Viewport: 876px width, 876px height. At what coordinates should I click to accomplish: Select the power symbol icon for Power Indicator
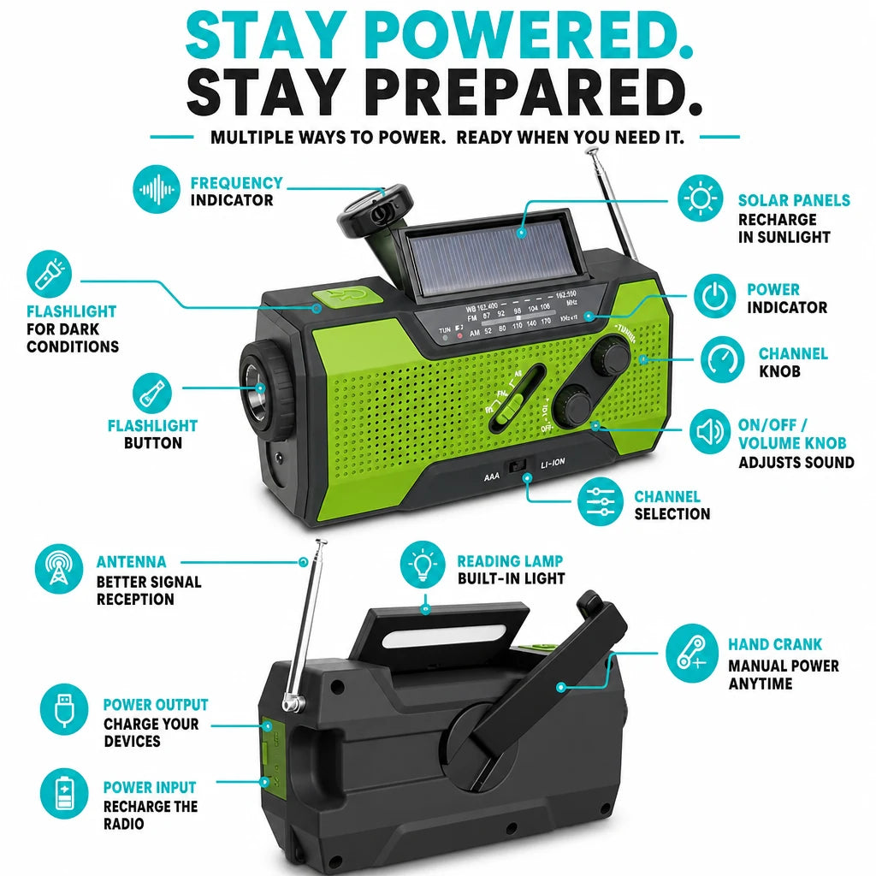pos(714,296)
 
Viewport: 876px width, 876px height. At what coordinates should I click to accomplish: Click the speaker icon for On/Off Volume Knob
pos(709,431)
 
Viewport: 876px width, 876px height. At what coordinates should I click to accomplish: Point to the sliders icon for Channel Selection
pos(600,501)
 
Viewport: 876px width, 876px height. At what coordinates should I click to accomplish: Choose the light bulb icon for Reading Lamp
pos(423,565)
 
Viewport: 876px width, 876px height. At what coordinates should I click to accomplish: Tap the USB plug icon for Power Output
pos(63,709)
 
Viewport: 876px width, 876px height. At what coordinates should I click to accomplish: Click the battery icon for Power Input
pos(63,793)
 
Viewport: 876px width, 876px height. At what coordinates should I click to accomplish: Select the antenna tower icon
pos(59,569)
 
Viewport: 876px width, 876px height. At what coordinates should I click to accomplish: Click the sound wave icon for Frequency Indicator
pos(157,189)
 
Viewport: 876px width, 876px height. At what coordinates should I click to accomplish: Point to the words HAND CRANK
pos(775,645)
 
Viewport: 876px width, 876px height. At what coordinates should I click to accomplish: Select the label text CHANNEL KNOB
pos(793,362)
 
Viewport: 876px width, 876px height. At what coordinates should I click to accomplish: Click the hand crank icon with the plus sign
pos(691,653)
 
